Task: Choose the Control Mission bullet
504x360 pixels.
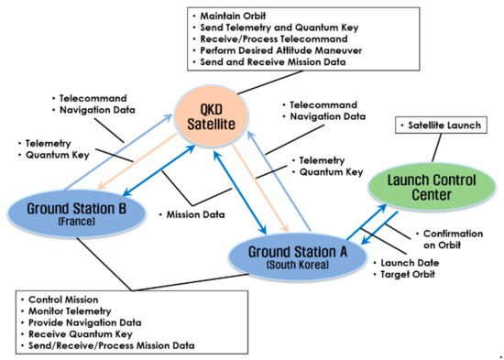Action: click(64, 300)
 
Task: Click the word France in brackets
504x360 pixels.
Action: click(73, 220)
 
